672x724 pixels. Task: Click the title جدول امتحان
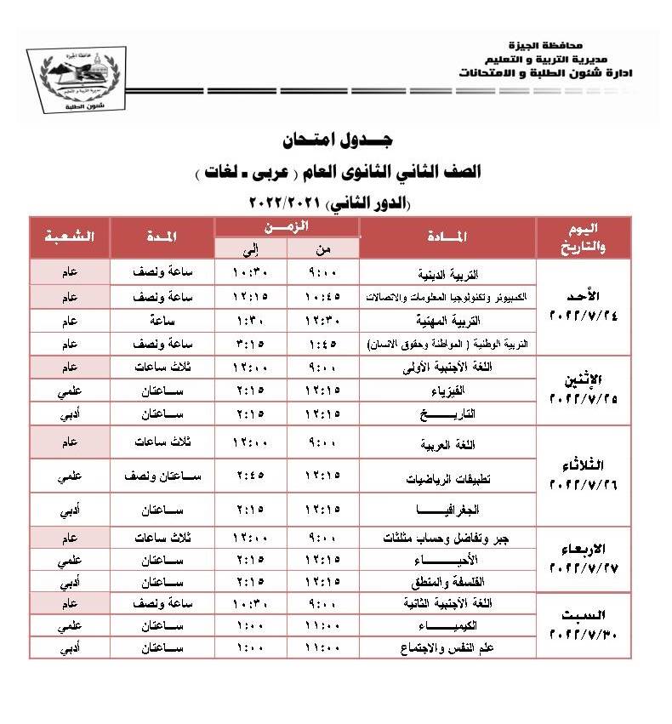pos(336,139)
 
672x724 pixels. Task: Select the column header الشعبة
pos(70,237)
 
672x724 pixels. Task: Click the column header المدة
pos(161,237)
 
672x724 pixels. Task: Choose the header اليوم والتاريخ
pos(583,237)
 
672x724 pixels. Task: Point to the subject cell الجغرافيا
pos(447,513)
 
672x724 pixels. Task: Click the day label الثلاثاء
pos(584,466)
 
